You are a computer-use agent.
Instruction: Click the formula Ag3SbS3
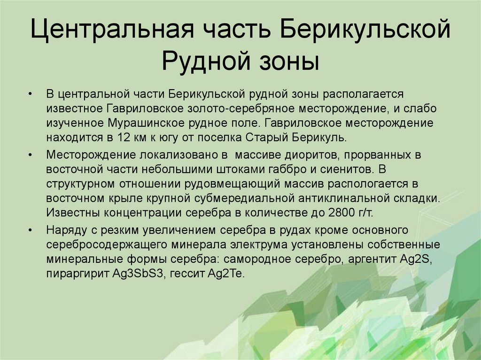pos(140,274)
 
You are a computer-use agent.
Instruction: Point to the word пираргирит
pos(78,274)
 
